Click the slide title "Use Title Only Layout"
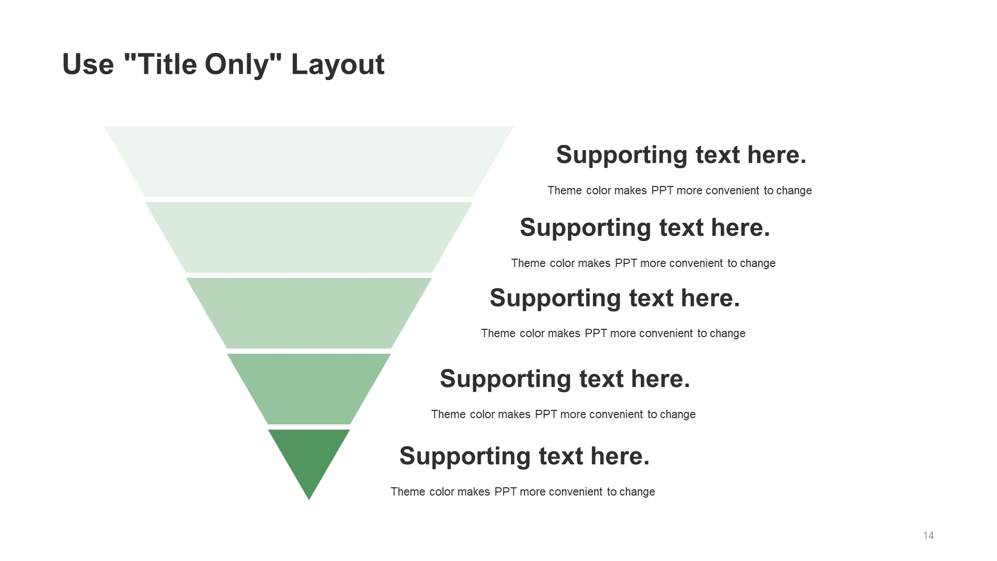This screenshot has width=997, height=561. pos(223,65)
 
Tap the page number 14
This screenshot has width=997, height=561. pos(928,536)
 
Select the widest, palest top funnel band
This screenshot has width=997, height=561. pos(309,162)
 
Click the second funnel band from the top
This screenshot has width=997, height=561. pos(309,237)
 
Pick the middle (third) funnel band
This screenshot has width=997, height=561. pos(309,313)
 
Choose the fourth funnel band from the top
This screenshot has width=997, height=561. pos(309,389)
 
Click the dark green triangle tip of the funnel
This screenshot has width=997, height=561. pos(309,460)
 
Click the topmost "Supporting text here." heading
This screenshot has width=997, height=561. pos(681,155)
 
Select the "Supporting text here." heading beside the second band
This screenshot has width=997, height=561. pos(645,228)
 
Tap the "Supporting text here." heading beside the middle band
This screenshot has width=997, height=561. pos(615,299)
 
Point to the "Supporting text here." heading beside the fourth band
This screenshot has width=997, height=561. pos(565,379)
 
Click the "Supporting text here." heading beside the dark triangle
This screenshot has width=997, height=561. pos(524,457)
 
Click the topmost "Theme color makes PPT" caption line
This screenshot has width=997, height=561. pos(680,191)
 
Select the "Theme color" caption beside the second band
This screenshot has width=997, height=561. pos(643,263)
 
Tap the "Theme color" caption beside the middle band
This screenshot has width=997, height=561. pos(613,333)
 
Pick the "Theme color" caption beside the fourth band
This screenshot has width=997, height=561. pos(563,415)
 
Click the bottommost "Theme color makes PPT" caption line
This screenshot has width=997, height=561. pos(523,492)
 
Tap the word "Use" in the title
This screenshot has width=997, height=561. pos(88,65)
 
